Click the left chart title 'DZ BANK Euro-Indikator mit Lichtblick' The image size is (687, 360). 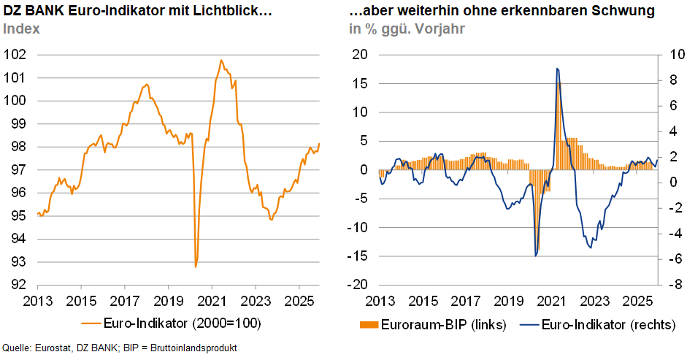pyautogui.click(x=138, y=12)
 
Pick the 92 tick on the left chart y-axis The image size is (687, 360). pyautogui.click(x=18, y=285)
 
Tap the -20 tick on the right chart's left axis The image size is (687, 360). pyautogui.click(x=360, y=285)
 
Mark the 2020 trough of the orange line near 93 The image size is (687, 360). pyautogui.click(x=196, y=267)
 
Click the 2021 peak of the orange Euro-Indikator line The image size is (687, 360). pyautogui.click(x=220, y=61)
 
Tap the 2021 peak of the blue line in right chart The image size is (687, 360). pyautogui.click(x=557, y=69)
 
